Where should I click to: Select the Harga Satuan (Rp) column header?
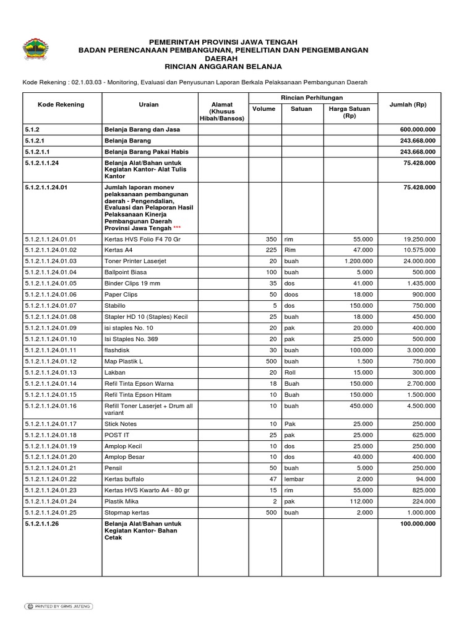click(x=349, y=112)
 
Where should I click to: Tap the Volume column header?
click(x=264, y=109)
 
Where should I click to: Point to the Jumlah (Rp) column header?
click(x=408, y=105)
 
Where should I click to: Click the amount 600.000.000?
click(x=417, y=129)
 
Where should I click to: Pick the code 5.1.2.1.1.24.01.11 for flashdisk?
click(x=51, y=350)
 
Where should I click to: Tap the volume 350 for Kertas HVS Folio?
click(x=270, y=239)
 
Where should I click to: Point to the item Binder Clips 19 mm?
click(x=132, y=284)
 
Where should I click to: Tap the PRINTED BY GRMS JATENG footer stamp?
click(x=58, y=606)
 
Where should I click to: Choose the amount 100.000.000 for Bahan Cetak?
click(x=417, y=523)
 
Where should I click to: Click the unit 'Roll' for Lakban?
click(x=289, y=372)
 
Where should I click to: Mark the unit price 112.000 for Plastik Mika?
click(x=360, y=501)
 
